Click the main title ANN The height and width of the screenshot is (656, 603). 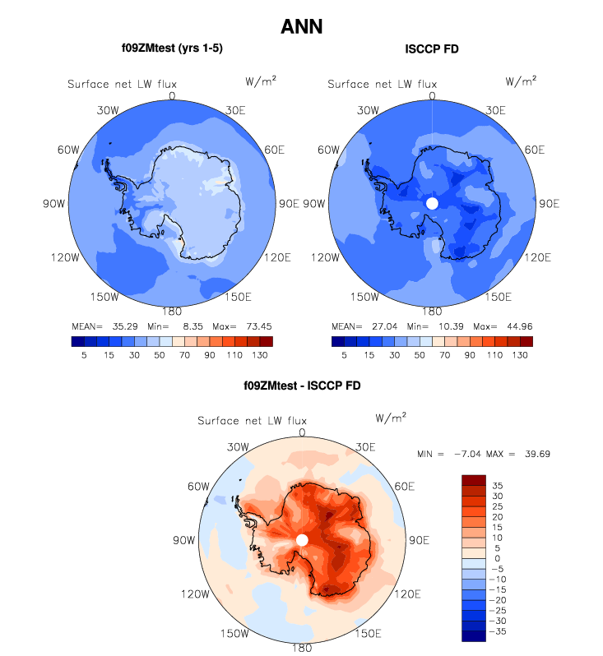pos(301,26)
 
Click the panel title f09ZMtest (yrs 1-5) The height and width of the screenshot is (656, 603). pos(172,49)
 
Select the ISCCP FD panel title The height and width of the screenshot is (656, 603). pos(432,49)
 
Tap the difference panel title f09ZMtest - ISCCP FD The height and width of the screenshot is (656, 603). pos(301,385)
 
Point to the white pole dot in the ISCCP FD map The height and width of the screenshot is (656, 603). pos(433,203)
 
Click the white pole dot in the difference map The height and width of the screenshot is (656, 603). pos(302,540)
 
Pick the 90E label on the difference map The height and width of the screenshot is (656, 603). pos(419,540)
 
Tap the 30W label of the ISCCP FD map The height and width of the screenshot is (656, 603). pos(368,109)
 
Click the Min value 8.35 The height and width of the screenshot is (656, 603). pos(193,326)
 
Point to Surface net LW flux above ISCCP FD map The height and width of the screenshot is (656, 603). pos(382,84)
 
